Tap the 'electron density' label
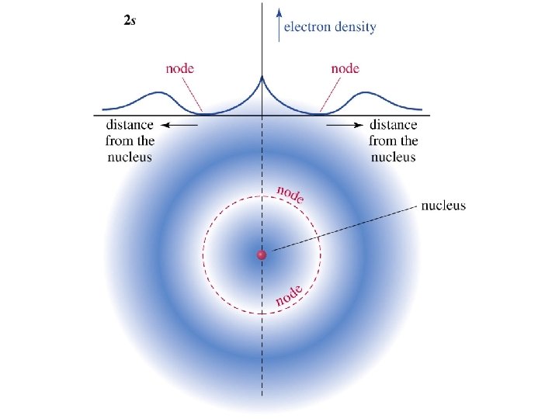coord(330,27)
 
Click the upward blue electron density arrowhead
coord(278,12)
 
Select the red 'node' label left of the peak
coord(179,68)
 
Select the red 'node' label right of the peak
coord(345,68)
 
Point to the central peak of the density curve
coord(262,77)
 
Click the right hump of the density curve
coord(371,95)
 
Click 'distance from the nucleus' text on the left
coord(130,140)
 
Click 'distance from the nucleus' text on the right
coord(394,140)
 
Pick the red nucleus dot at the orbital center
coord(262,255)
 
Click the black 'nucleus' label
coord(443,206)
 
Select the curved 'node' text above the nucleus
coord(290,194)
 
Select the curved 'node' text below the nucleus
coord(289,295)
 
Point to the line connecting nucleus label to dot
coord(342,229)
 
